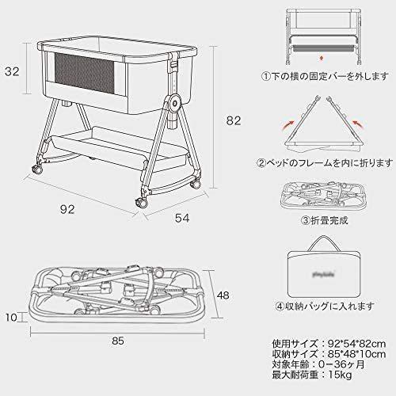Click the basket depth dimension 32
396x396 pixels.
(x=12, y=71)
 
